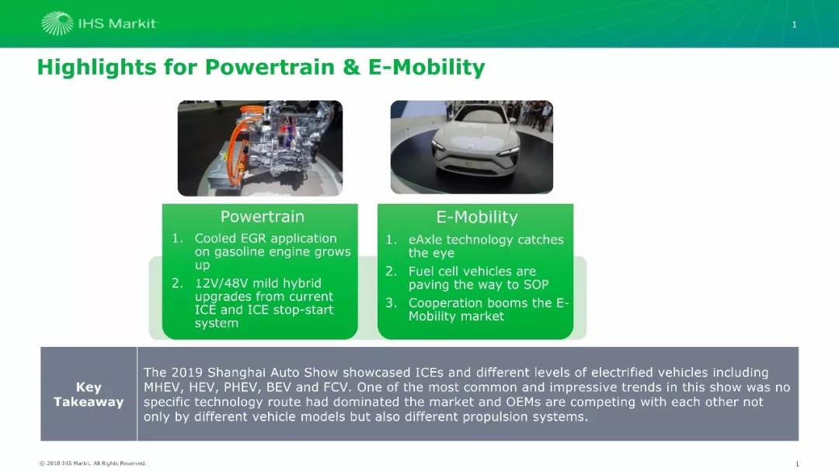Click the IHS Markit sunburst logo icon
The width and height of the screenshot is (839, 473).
pyautogui.click(x=57, y=23)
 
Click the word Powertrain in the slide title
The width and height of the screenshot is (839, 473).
pyautogui.click(x=270, y=68)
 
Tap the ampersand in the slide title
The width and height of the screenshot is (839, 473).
pyautogui.click(x=351, y=68)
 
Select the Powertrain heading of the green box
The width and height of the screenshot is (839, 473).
pyautogui.click(x=263, y=216)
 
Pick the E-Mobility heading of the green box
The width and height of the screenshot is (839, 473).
pyautogui.click(x=477, y=217)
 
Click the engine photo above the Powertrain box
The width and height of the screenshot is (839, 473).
pyautogui.click(x=260, y=148)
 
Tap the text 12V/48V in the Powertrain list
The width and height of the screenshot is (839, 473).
pyautogui.click(x=220, y=283)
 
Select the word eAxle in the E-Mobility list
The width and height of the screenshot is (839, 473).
pyautogui.click(x=426, y=240)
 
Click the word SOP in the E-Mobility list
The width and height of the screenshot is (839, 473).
pyautogui.click(x=535, y=285)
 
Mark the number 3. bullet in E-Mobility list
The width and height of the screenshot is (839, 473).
pyautogui.click(x=391, y=303)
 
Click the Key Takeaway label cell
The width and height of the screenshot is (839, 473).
pyautogui.click(x=89, y=394)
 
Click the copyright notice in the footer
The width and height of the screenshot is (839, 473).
pyautogui.click(x=92, y=464)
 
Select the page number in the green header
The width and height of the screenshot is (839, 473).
pyautogui.click(x=794, y=24)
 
